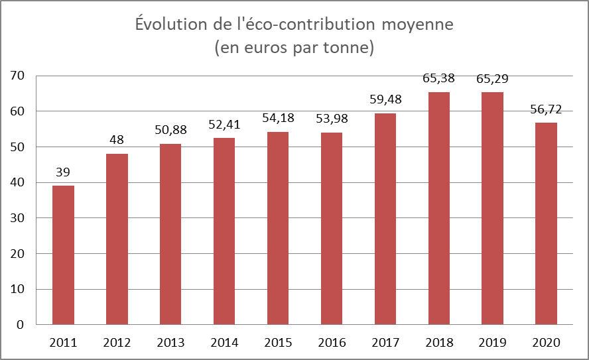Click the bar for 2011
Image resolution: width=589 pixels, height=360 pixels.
tap(64, 255)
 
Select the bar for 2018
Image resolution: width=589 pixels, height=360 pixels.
tap(439, 208)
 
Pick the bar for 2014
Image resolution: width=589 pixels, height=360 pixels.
tap(224, 231)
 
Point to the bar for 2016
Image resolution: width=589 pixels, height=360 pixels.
tap(331, 229)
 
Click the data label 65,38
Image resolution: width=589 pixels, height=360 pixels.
tap(439, 78)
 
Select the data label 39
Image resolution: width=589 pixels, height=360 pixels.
tap(64, 172)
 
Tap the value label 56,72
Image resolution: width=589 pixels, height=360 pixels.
tap(546, 109)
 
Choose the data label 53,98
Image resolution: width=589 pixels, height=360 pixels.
tap(331, 119)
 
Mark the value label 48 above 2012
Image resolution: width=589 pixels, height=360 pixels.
tap(117, 140)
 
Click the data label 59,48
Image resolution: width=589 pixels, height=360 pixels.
tap(385, 99)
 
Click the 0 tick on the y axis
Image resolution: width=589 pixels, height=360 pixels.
tap(21, 325)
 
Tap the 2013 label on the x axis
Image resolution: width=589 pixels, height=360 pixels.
tap(170, 343)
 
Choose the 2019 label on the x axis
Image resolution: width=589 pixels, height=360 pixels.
tap(492, 343)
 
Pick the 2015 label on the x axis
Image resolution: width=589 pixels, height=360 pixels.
tap(278, 343)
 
